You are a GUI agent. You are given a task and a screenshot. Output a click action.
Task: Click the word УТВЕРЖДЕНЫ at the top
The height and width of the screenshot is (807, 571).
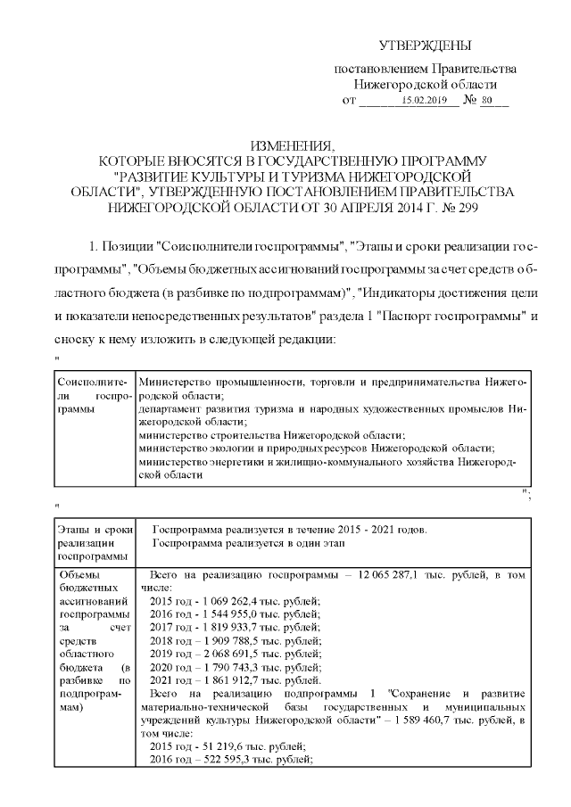[425, 45]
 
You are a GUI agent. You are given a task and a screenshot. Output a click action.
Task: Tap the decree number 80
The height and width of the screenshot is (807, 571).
[486, 102]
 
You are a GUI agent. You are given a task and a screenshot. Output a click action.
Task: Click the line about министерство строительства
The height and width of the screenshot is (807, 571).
[272, 434]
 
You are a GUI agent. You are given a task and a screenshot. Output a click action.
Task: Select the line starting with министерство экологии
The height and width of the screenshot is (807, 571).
[317, 448]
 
